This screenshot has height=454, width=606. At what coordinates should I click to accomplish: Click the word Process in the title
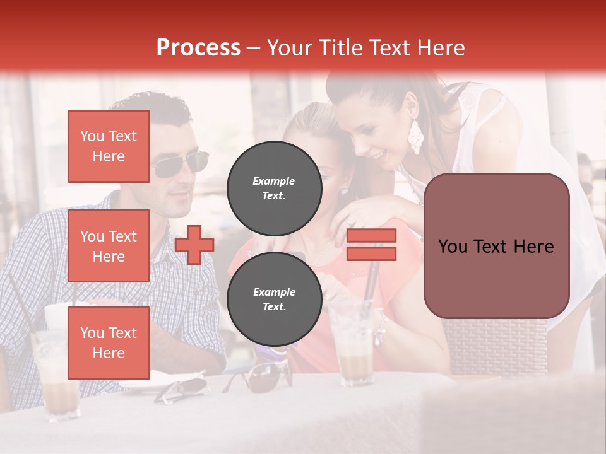coord(198,48)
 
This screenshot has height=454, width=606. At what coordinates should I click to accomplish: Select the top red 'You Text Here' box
coord(109,146)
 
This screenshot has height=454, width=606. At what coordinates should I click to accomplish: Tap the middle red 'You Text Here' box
coord(109,246)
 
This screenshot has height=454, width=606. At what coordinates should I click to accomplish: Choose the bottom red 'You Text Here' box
coord(109,343)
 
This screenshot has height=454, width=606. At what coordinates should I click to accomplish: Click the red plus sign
coord(194,244)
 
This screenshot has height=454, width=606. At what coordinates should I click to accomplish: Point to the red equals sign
coord(371,245)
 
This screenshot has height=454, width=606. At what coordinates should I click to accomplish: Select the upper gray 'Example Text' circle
coord(274,188)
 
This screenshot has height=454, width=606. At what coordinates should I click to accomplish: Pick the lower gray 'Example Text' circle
coord(274,299)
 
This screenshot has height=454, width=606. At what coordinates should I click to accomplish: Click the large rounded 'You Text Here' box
coord(496,246)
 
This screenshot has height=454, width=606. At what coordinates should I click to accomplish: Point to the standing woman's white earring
coord(416,136)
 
